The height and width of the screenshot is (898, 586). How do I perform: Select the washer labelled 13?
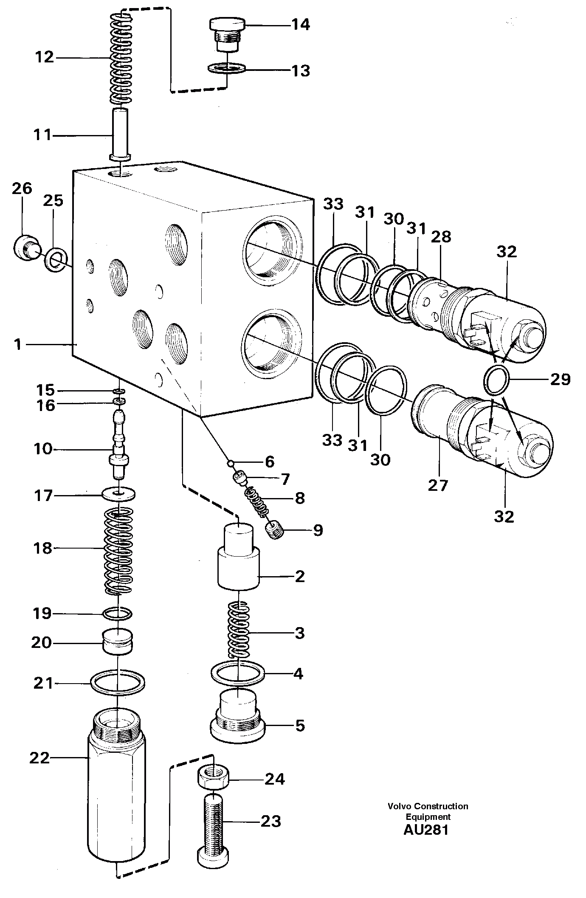[227, 68]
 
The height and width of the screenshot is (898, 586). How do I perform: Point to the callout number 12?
[44, 57]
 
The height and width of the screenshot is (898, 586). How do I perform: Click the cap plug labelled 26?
[26, 245]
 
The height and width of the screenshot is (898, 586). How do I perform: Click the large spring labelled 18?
[119, 550]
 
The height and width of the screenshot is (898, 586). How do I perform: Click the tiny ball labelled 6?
[230, 462]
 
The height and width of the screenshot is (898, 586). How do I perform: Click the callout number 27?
[438, 485]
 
